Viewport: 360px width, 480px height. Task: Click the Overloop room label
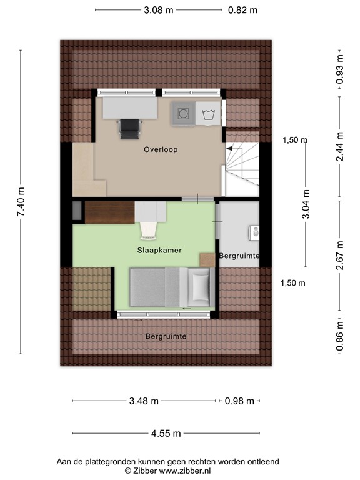point(161,149)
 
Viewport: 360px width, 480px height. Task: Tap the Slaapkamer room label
point(159,250)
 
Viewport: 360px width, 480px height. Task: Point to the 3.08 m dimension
point(158,10)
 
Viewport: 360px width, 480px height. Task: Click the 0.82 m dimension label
point(242,10)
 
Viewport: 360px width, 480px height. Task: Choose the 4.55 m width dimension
point(166,433)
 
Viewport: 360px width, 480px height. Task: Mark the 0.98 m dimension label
point(240,401)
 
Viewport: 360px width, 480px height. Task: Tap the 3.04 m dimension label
point(306,204)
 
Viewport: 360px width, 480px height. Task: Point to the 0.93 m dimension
point(340,69)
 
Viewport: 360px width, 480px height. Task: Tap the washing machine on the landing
point(184,113)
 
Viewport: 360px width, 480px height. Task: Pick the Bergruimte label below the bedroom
point(166,336)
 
